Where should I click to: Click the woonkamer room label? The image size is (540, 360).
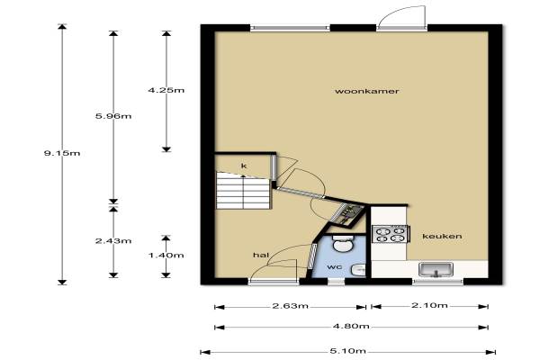click(367, 91)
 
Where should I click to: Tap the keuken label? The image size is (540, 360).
click(442, 237)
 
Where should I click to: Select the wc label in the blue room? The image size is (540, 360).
click(335, 267)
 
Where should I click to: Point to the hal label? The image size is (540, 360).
click(261, 255)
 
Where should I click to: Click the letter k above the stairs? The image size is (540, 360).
click(244, 166)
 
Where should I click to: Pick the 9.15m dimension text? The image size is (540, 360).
click(62, 153)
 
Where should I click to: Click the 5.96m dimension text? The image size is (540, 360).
click(113, 116)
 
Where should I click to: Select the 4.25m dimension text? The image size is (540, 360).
click(166, 90)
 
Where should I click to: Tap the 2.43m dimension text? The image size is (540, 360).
click(113, 241)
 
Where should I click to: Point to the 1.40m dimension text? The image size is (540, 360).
click(166, 256)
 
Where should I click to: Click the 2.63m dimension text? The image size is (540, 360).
click(291, 306)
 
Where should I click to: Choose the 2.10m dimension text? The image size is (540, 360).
click(429, 305)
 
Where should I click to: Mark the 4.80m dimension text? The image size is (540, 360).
click(351, 326)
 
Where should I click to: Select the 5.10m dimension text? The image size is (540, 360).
click(347, 351)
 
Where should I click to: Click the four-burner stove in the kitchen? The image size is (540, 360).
click(391, 234)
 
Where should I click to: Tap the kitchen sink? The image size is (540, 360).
click(436, 270)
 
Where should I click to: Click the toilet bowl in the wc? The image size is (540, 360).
click(343, 243)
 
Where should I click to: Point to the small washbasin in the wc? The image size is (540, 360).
click(358, 270)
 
